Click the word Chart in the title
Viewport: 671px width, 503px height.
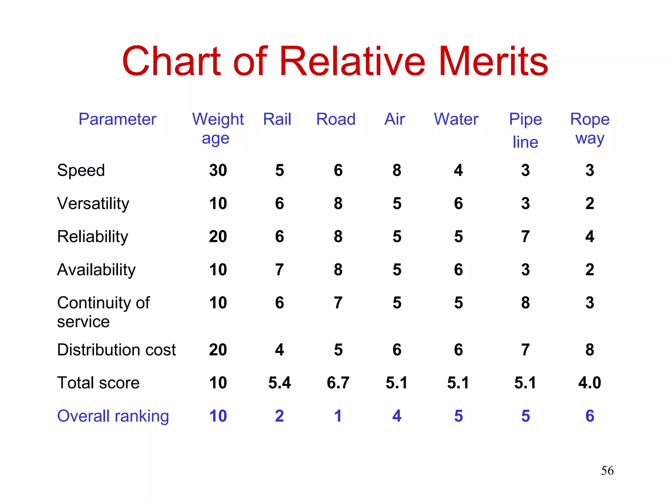pos(171,61)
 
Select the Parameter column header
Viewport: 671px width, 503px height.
pos(117,119)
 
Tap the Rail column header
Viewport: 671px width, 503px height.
pos(277,119)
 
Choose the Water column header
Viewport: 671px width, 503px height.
pos(456,119)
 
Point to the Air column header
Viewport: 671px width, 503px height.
pos(395,119)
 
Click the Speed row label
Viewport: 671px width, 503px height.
pos(81,170)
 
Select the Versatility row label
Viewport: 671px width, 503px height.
pos(93,203)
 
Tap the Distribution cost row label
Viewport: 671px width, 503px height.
pos(116,350)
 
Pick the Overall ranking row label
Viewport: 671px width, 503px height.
pos(113,416)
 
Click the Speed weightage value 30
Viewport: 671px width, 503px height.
pos(218,170)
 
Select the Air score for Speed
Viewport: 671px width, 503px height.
pos(397,170)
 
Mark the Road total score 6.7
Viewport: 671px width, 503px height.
pos(338,383)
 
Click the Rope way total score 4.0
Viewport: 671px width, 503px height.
pos(590,383)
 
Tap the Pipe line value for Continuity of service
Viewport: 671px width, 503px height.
pos(526,303)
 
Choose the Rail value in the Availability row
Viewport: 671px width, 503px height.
pos(279,270)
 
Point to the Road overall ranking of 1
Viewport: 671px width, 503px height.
pos(338,416)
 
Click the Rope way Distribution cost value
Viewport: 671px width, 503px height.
pos(590,350)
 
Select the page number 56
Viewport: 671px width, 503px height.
pos(607,471)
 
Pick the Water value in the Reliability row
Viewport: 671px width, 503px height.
pos(458,236)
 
